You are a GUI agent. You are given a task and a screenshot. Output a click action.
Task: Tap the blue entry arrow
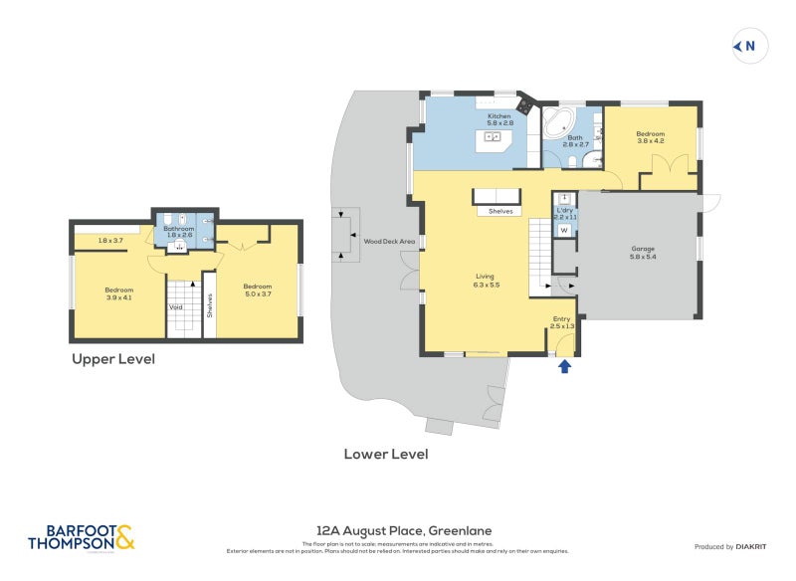click(564, 366)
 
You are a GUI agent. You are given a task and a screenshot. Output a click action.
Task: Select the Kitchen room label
click(498, 120)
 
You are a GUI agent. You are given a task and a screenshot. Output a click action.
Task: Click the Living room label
click(486, 281)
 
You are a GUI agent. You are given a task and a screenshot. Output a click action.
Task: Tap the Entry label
click(563, 322)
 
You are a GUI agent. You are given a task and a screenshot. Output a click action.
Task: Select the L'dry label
click(564, 212)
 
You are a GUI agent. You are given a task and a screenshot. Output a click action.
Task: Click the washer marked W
click(564, 231)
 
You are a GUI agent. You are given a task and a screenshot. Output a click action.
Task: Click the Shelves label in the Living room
click(500, 211)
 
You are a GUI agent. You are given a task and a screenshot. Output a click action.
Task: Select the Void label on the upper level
click(176, 307)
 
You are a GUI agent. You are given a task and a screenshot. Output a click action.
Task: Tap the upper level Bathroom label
click(179, 231)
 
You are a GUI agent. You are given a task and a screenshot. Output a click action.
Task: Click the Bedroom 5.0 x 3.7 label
click(258, 290)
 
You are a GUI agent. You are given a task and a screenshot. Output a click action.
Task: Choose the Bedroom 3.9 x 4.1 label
click(118, 293)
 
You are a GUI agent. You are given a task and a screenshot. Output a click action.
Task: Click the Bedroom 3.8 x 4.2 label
click(651, 137)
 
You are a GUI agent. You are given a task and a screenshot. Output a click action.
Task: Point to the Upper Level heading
click(112, 359)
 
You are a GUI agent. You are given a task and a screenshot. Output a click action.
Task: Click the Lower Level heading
click(386, 454)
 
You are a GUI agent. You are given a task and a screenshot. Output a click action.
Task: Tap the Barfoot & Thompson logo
click(81, 537)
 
